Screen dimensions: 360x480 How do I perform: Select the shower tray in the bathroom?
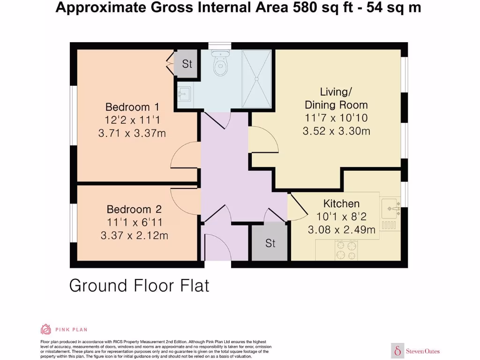tap(256, 79)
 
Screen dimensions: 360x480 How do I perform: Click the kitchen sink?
tap(390, 209)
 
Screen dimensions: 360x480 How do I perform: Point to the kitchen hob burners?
tap(345, 250)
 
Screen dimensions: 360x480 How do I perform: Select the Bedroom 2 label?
tap(134, 209)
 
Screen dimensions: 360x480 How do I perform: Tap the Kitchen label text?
tap(341, 203)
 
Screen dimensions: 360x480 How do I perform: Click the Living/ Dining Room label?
tap(336, 98)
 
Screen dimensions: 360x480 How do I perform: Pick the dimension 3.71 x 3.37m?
tap(132, 134)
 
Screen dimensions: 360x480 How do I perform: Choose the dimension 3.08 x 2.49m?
tap(341, 230)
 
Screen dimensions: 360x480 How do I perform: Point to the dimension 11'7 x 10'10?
tap(336, 118)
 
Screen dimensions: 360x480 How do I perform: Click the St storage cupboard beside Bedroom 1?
tap(187, 64)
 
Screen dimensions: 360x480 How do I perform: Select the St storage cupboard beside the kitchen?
tap(270, 243)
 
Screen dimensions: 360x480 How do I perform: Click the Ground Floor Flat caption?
tap(139, 285)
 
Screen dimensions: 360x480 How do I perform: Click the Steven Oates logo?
tap(416, 351)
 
